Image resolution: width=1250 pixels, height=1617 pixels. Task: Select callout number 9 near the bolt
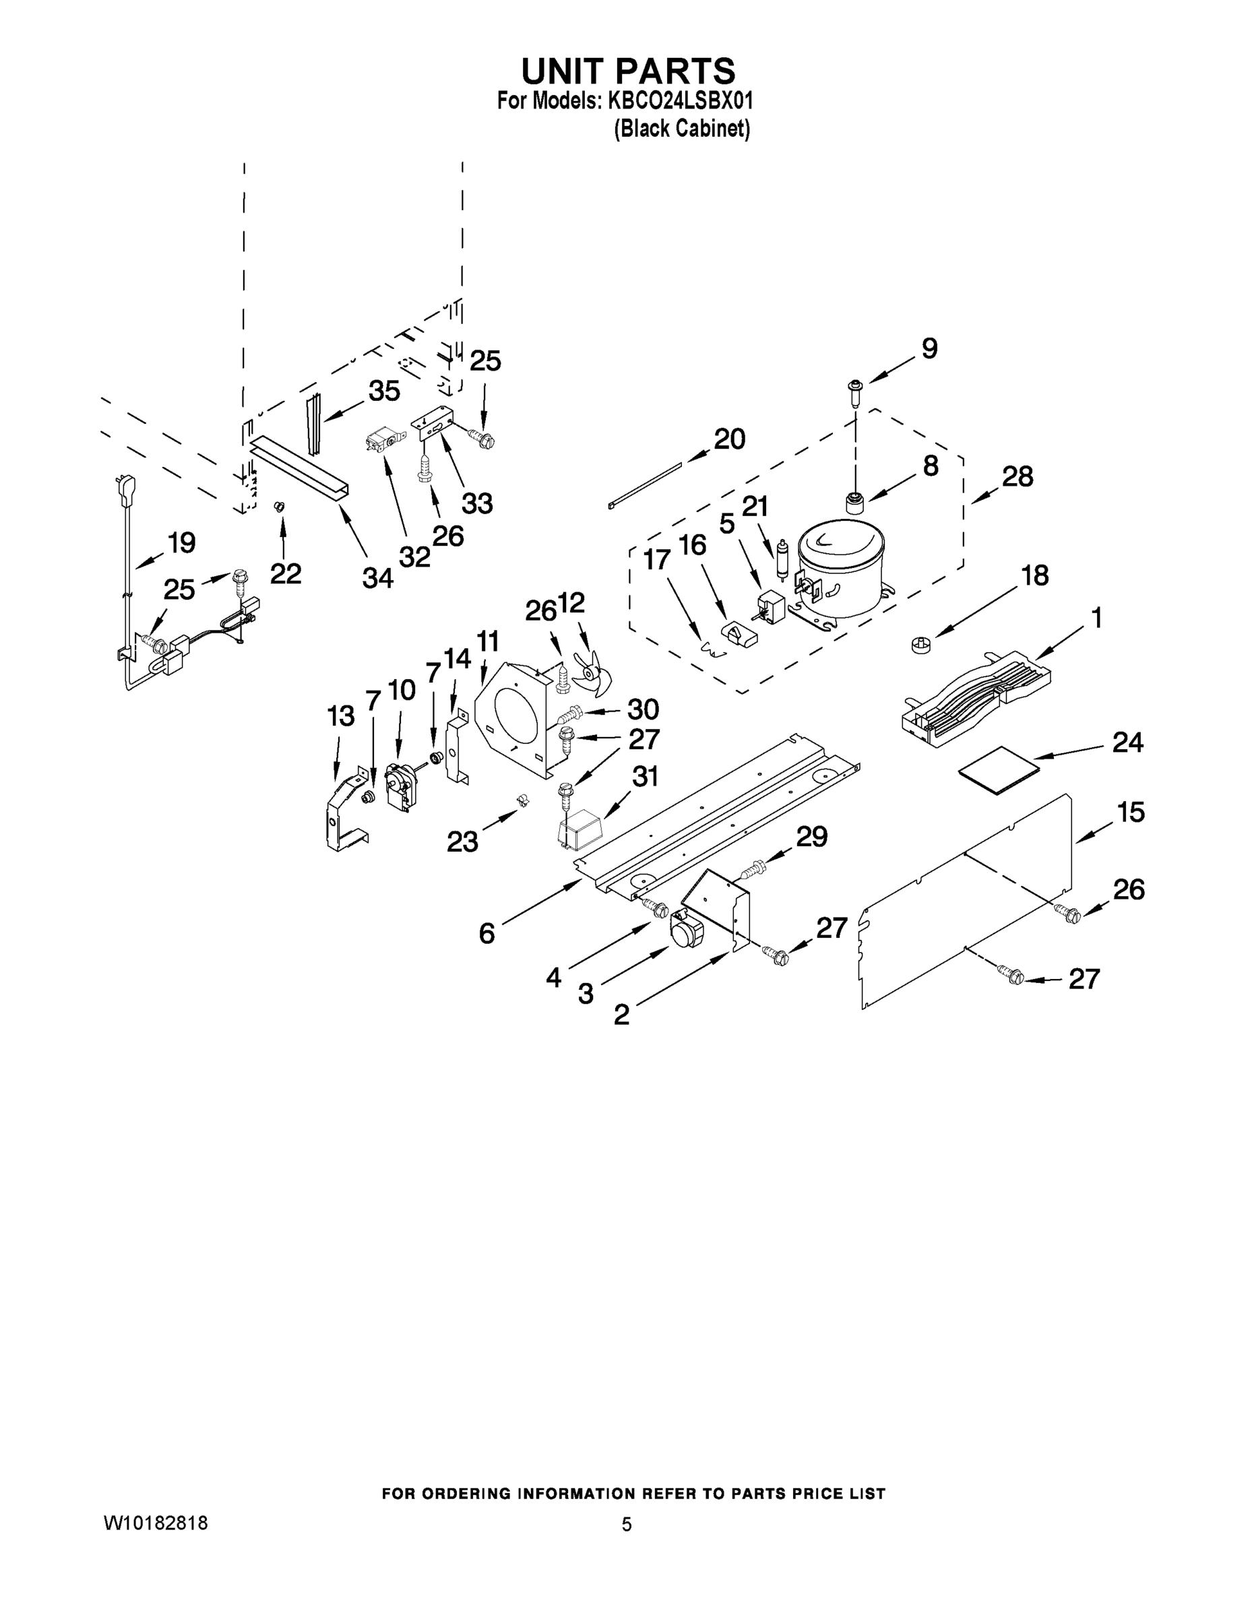[929, 348]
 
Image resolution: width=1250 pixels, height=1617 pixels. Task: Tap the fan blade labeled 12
[592, 668]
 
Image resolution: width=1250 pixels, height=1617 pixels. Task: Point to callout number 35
[383, 391]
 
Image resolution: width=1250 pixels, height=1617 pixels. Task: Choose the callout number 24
[1127, 742]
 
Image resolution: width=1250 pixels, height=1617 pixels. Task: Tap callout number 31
[645, 777]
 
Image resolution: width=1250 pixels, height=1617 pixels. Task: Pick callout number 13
[341, 716]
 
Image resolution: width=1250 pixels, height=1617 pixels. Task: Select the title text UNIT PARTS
[627, 71]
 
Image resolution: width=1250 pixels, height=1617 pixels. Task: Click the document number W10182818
[155, 1523]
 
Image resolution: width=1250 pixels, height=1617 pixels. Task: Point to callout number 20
[728, 439]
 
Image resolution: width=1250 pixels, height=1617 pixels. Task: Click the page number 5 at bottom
[627, 1525]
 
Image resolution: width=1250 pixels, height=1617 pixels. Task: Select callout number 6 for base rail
[487, 934]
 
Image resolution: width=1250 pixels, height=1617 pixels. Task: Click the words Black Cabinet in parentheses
[681, 129]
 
